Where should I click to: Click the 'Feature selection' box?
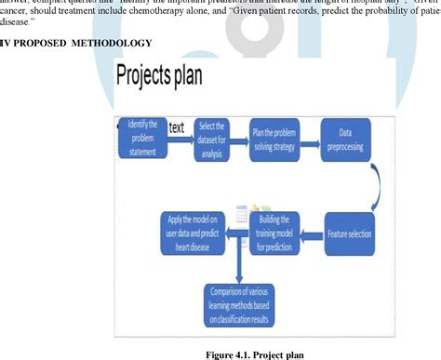[348, 223]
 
